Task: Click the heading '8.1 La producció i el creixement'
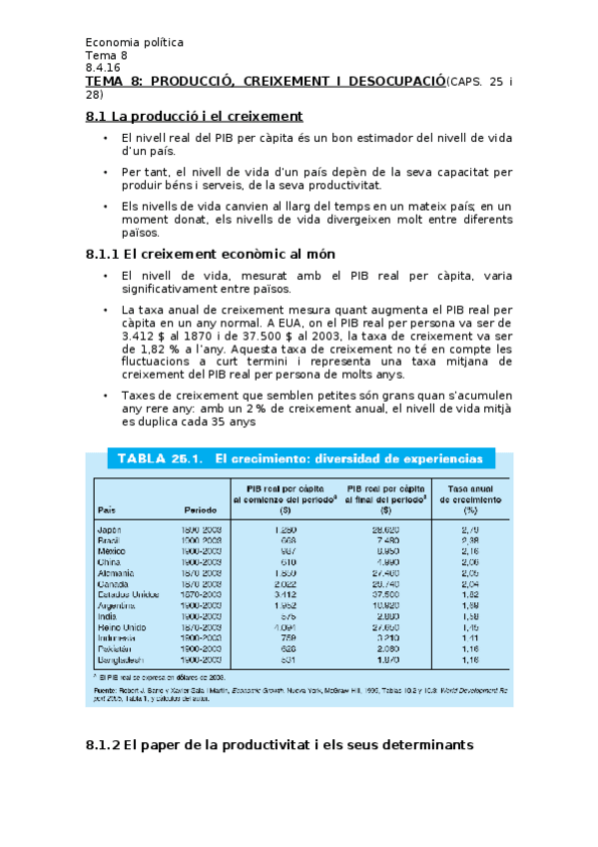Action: point(195,117)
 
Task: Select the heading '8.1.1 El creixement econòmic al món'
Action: point(211,254)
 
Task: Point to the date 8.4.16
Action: point(102,68)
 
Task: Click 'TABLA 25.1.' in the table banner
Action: point(160,459)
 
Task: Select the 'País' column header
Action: point(107,509)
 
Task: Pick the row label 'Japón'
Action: point(110,528)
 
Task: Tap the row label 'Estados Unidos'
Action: point(127,594)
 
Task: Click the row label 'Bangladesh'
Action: point(122,660)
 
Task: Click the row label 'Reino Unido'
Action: point(122,627)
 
